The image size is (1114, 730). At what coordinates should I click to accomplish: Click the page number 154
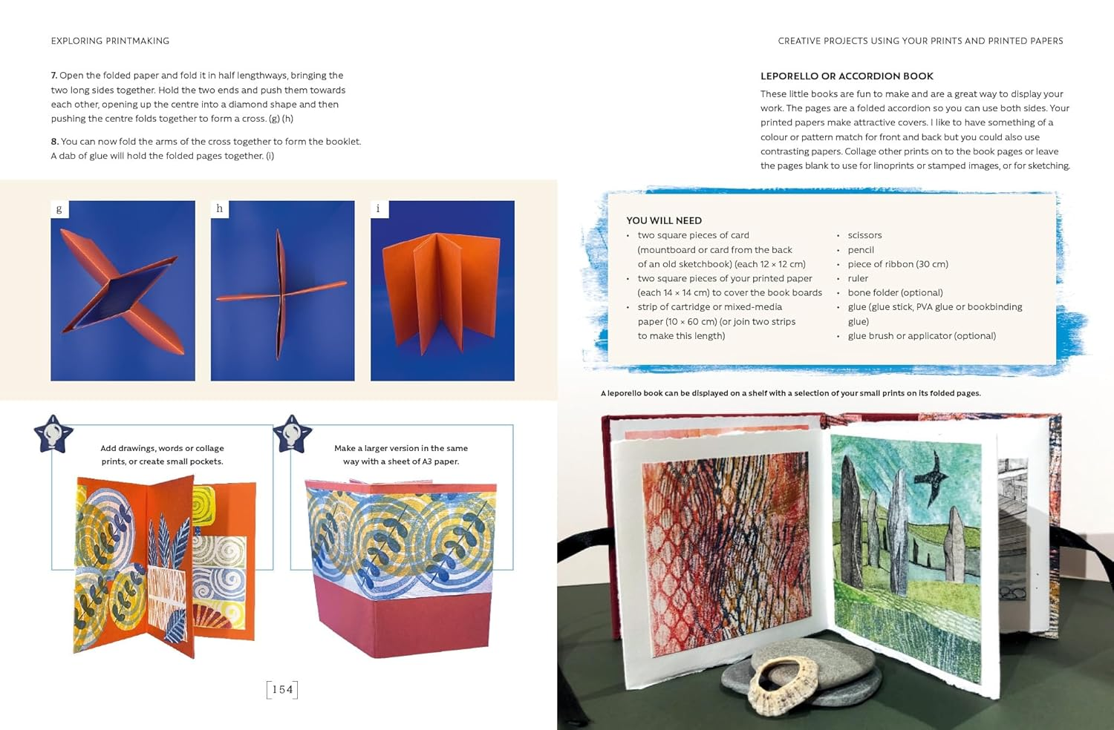(x=282, y=690)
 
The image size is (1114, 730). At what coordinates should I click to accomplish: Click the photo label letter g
(x=59, y=209)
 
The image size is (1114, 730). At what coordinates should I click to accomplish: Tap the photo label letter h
(x=219, y=209)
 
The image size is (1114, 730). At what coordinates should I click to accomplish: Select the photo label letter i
(x=378, y=209)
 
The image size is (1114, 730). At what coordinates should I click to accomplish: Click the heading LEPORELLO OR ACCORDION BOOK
(x=847, y=76)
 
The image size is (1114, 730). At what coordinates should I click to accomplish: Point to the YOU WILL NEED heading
(x=664, y=220)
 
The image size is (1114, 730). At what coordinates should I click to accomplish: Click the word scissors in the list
(x=864, y=235)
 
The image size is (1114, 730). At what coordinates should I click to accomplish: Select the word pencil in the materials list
(x=861, y=250)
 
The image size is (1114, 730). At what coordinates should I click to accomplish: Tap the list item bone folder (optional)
(x=895, y=293)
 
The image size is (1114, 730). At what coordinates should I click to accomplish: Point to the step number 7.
(x=54, y=76)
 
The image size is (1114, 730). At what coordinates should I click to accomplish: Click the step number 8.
(x=54, y=142)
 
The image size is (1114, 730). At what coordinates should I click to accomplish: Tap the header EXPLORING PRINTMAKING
(x=110, y=42)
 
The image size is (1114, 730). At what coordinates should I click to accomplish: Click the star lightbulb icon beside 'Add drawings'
(x=53, y=434)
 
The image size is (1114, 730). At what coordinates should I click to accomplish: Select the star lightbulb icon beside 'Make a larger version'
(x=293, y=434)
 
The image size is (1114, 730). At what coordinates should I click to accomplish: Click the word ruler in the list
(x=858, y=279)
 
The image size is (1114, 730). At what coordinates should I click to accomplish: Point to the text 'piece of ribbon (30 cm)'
(x=898, y=264)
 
